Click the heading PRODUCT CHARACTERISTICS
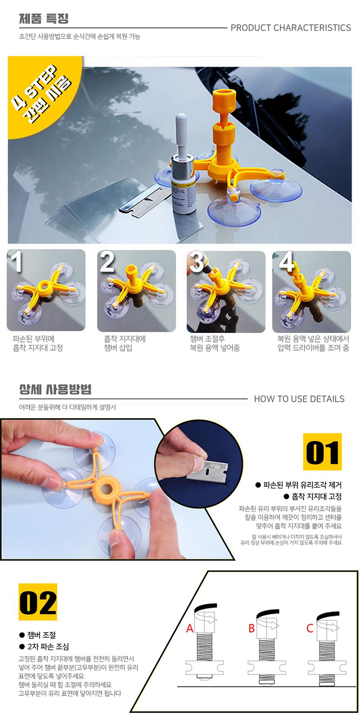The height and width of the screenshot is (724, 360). pos(291,28)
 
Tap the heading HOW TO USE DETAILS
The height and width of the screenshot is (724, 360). pos(299,399)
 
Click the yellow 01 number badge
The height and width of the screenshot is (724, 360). pos(322,452)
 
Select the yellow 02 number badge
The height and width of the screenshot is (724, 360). pos(38,602)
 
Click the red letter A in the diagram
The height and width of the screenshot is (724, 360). pos(190,629)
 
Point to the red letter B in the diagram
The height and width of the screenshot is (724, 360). pos(252,629)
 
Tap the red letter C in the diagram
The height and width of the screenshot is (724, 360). pos(310,629)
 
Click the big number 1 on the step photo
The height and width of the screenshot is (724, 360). pos(16,262)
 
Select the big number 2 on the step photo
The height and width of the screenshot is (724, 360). pos(107,262)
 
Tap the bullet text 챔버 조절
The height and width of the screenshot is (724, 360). pos(41,635)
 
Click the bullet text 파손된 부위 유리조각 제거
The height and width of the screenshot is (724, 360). pos(303,485)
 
